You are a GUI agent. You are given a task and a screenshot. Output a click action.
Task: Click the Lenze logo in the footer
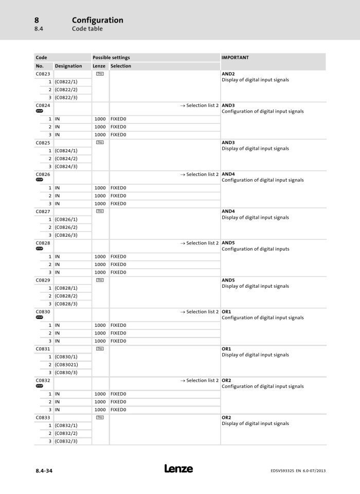click(178, 469)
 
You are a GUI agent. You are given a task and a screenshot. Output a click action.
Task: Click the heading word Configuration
click(97, 20)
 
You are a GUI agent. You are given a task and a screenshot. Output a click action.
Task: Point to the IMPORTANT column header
click(235, 58)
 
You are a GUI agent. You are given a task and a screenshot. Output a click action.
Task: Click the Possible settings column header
click(111, 58)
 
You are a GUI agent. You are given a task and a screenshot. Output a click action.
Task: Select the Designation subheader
click(68, 66)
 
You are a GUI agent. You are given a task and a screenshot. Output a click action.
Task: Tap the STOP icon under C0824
click(40, 111)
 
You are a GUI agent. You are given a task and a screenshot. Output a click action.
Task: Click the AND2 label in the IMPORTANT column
click(228, 74)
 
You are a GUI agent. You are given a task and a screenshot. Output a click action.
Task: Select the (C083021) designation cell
click(66, 365)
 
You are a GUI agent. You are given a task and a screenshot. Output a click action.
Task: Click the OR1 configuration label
click(226, 311)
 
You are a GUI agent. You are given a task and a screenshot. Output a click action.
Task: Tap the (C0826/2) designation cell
click(66, 227)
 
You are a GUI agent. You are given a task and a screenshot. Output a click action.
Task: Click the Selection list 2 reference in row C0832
click(200, 380)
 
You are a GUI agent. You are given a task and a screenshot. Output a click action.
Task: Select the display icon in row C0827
click(100, 211)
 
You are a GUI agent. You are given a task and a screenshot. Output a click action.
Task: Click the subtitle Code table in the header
click(87, 29)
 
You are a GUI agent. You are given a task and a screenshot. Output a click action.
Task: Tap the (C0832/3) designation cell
click(66, 441)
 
